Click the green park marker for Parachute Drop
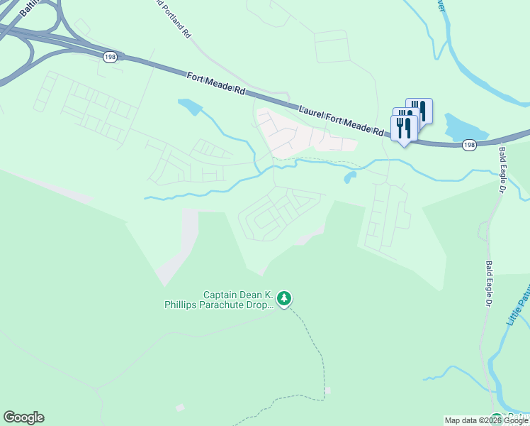pyautogui.click(x=284, y=299)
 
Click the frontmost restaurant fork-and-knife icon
pyautogui.click(x=404, y=128)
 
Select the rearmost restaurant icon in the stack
pyautogui.click(x=419, y=109)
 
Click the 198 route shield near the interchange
pyautogui.click(x=109, y=58)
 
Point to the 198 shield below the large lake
pyautogui.click(x=468, y=145)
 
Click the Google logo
pyautogui.click(x=23, y=417)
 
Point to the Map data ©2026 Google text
pyautogui.click(x=486, y=420)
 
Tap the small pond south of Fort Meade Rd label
pyautogui.click(x=190, y=107)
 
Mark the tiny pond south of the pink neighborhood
pyautogui.click(x=349, y=177)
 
